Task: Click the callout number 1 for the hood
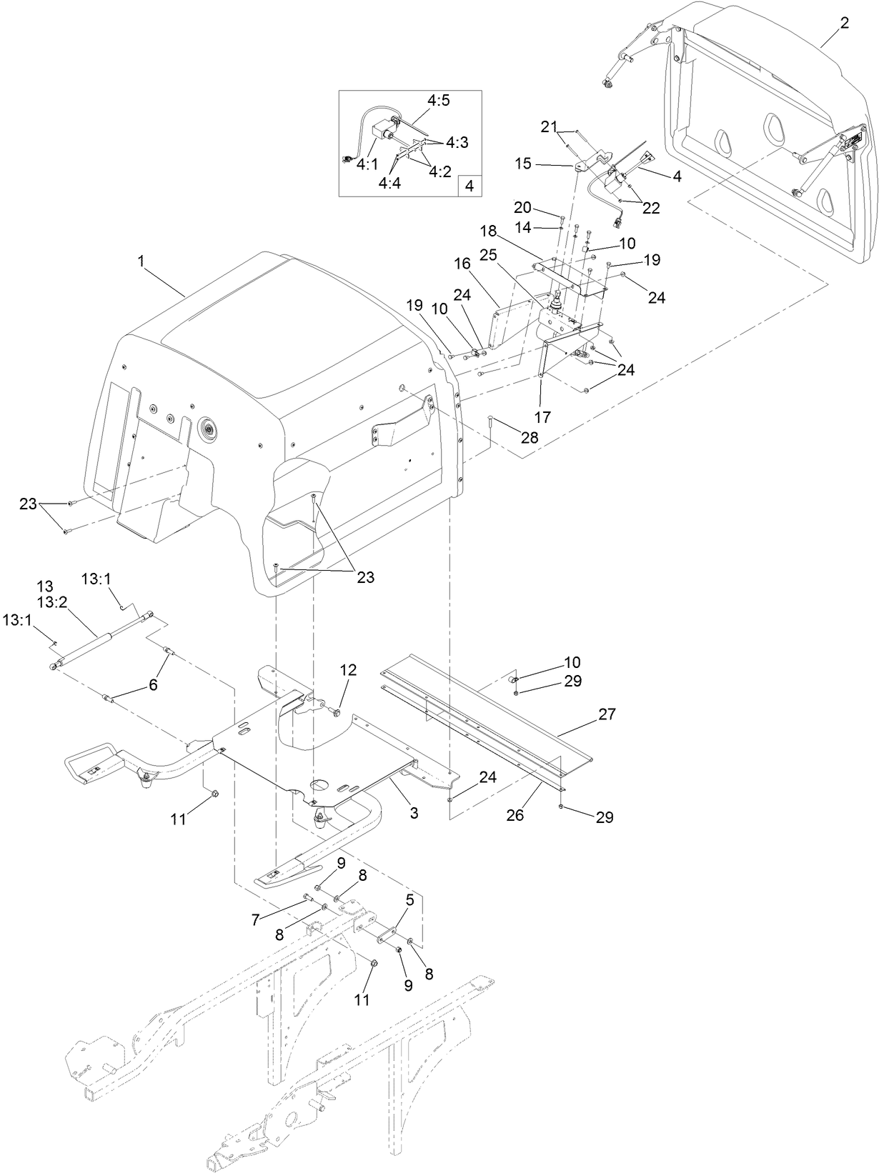pyautogui.click(x=141, y=262)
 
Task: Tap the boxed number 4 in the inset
pyautogui.click(x=470, y=186)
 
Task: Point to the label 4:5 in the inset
pyautogui.click(x=439, y=101)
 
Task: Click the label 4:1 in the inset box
pyautogui.click(x=367, y=164)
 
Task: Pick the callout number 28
pyautogui.click(x=529, y=437)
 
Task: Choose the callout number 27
pyautogui.click(x=606, y=714)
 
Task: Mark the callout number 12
pyautogui.click(x=347, y=670)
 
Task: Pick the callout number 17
pyautogui.click(x=543, y=417)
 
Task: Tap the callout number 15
pyautogui.click(x=543, y=164)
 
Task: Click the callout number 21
pyautogui.click(x=548, y=126)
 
